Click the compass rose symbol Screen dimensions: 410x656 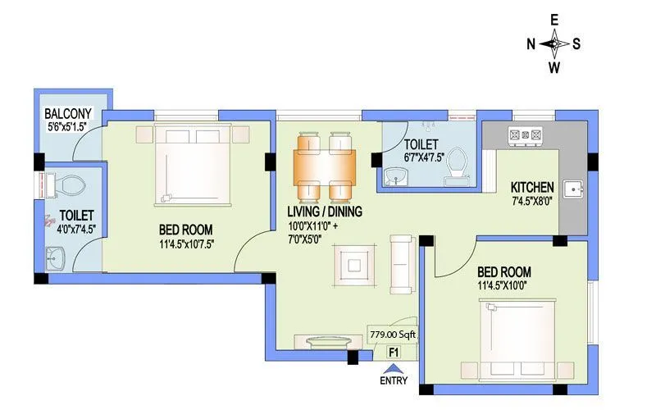554,43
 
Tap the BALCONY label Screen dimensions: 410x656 68,113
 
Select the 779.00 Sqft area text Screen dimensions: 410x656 393,335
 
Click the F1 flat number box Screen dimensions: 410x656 394,353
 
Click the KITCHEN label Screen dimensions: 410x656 532,187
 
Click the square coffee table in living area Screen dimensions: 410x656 353,265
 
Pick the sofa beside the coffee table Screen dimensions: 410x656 401,264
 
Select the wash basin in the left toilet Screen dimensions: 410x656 55,261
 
